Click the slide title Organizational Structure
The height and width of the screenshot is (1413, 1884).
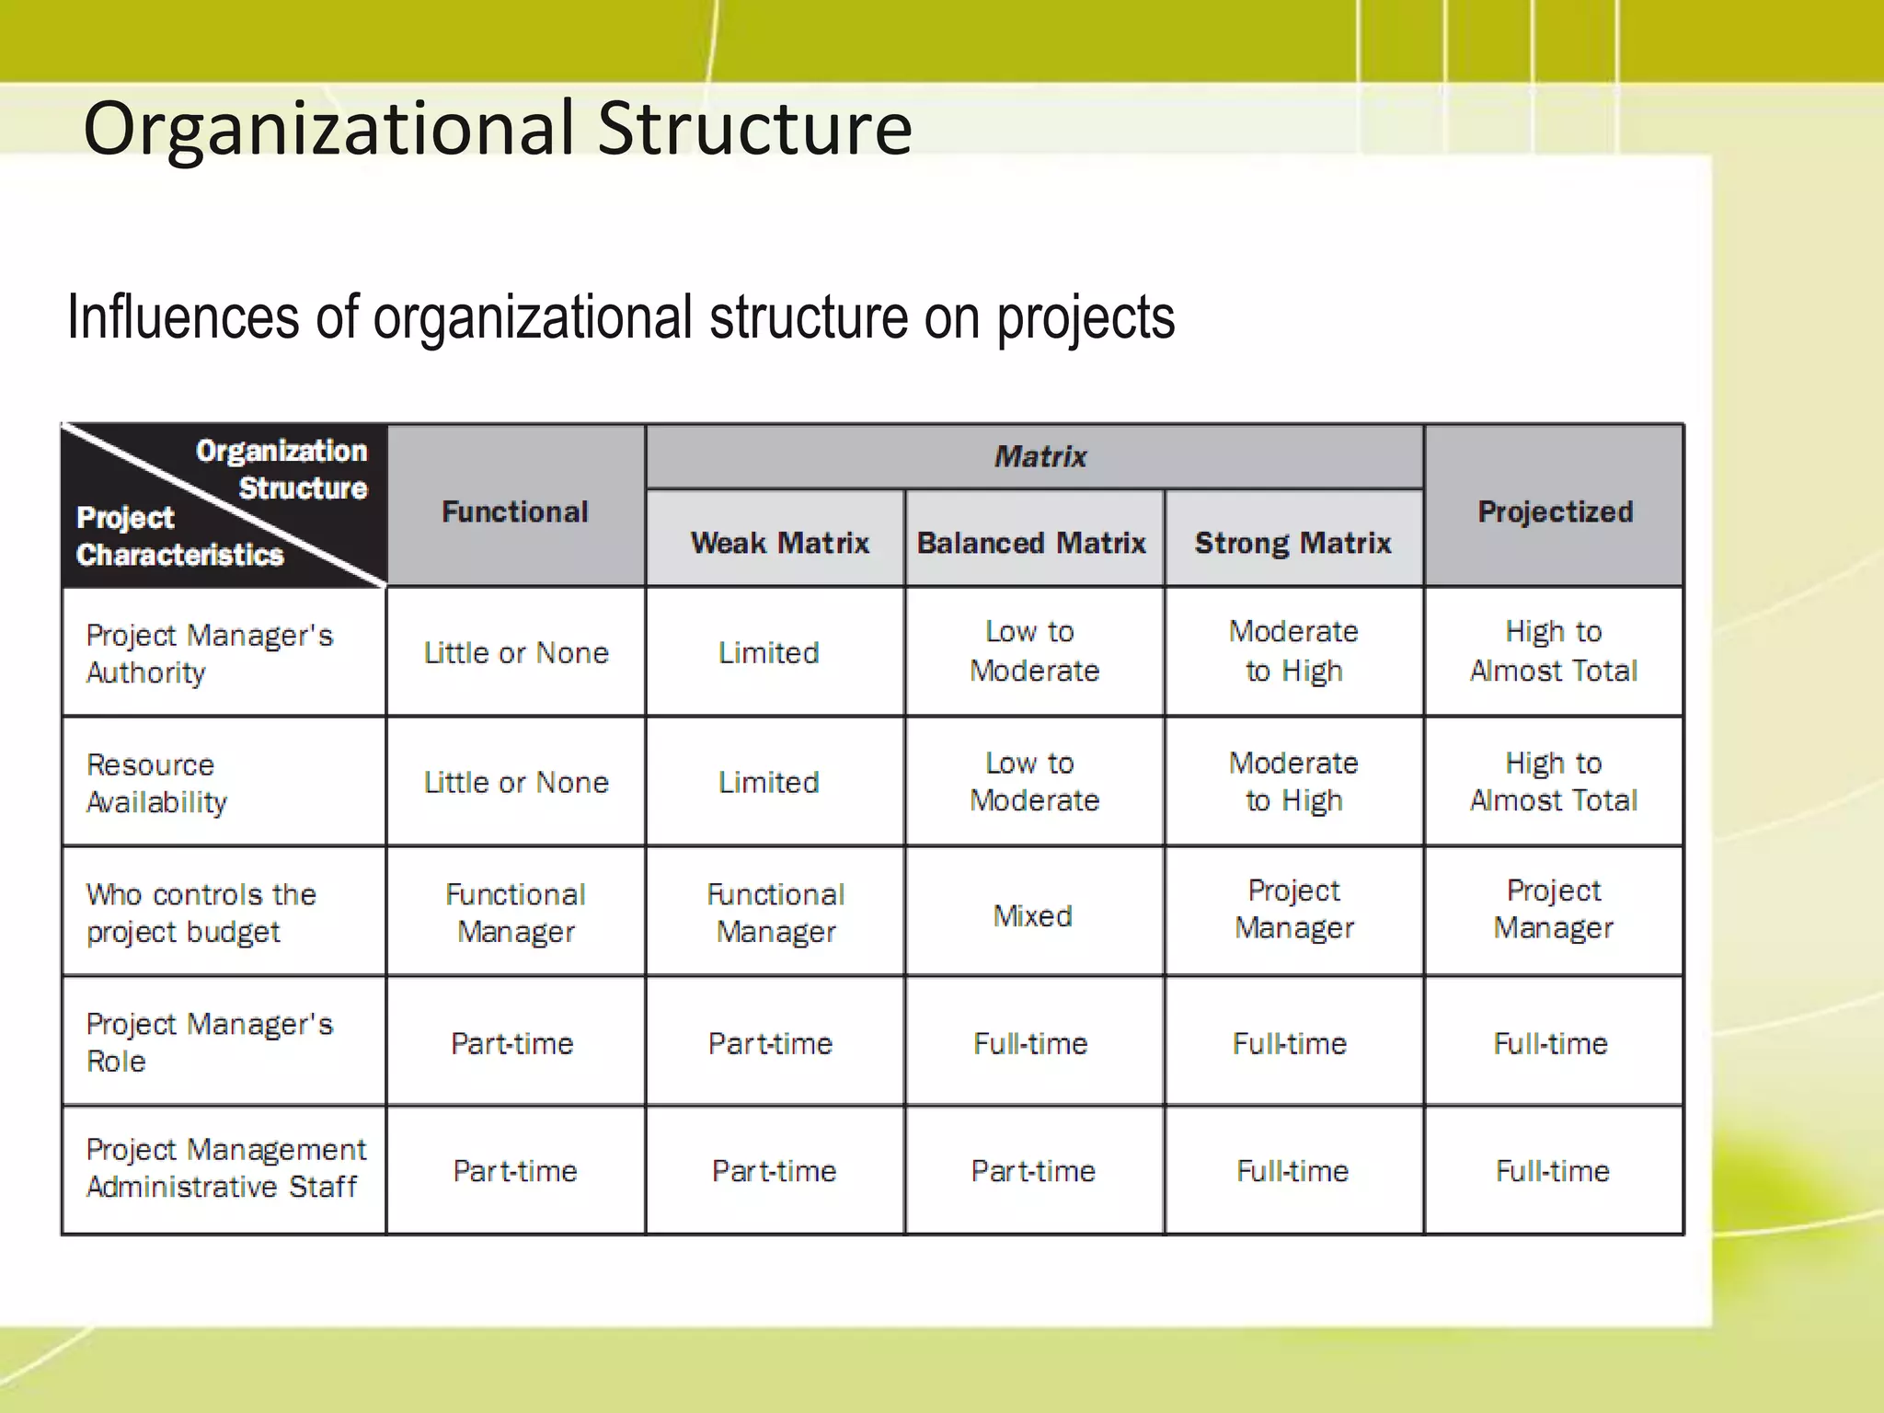[x=497, y=129]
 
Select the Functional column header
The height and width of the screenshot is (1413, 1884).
[x=515, y=511]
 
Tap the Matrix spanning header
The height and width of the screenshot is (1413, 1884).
[x=1040, y=456]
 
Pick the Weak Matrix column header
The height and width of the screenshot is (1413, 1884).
[x=779, y=543]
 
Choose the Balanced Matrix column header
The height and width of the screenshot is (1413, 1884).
[x=1031, y=543]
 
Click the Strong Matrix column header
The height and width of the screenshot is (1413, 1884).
[x=1292, y=543]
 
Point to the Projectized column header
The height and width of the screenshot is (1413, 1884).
[x=1555, y=511]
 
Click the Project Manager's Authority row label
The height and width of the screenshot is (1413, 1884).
[x=209, y=653]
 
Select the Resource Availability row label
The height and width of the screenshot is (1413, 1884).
[x=156, y=783]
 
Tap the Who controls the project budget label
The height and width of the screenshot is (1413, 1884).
[x=201, y=913]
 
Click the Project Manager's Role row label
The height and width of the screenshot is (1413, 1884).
[x=209, y=1042]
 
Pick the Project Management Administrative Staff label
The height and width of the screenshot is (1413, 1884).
[x=225, y=1168]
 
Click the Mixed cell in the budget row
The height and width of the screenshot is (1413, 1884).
[x=1032, y=916]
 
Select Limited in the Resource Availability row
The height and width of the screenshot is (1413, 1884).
[x=768, y=783]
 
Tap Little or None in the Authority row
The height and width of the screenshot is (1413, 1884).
[x=515, y=653]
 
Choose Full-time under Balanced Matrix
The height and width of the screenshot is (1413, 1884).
[x=1030, y=1044]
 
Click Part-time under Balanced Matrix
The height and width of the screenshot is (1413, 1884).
[x=1032, y=1171]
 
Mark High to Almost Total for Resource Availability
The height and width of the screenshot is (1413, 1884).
[x=1553, y=782]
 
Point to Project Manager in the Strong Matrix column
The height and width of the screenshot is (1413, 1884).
[x=1293, y=910]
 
